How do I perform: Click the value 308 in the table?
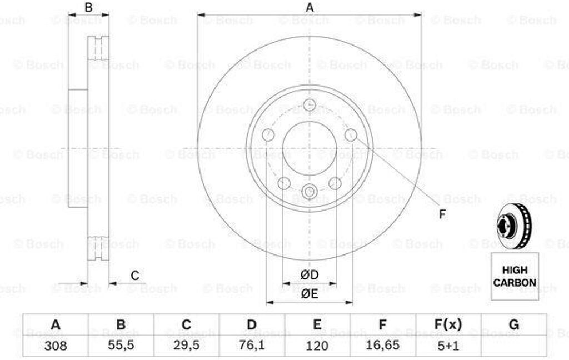(56, 346)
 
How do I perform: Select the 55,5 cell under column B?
(121, 346)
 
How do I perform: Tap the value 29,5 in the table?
(186, 346)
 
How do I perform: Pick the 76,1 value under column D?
(252, 346)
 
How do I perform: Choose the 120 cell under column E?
(317, 346)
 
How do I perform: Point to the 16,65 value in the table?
(382, 346)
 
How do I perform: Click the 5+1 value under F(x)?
(448, 346)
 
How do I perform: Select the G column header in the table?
(514, 324)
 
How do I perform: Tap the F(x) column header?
(448, 324)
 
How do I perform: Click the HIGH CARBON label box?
(515, 276)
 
